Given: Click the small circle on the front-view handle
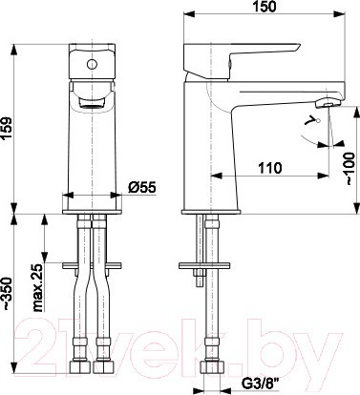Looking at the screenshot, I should point(92,65).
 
